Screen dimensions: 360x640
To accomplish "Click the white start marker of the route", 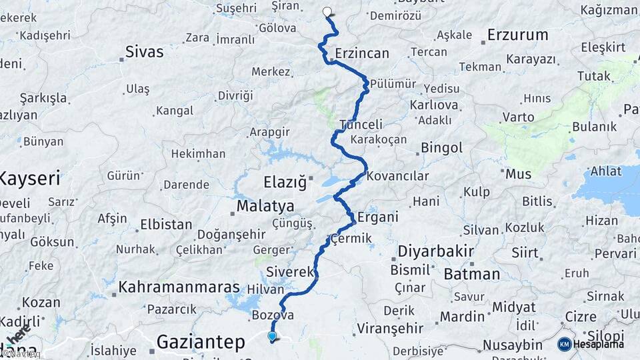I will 327,11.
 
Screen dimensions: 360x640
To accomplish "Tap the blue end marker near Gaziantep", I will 272,337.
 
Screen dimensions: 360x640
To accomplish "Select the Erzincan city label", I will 362,52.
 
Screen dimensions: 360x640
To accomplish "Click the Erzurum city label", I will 517,34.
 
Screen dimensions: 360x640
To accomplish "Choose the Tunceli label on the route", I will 361,125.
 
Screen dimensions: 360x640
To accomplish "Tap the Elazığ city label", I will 285,181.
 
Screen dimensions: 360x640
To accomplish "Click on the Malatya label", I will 265,205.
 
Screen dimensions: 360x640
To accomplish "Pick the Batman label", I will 471,273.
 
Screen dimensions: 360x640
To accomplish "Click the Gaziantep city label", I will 201,342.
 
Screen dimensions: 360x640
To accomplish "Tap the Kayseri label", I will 30,178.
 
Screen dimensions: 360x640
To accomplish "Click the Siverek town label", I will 289,272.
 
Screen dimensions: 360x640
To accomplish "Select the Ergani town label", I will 378,217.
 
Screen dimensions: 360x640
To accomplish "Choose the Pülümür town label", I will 393,84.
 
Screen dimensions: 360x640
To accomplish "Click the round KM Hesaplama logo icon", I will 564,344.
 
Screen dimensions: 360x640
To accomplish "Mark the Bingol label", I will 442,147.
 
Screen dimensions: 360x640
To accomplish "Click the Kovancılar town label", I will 397,177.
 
